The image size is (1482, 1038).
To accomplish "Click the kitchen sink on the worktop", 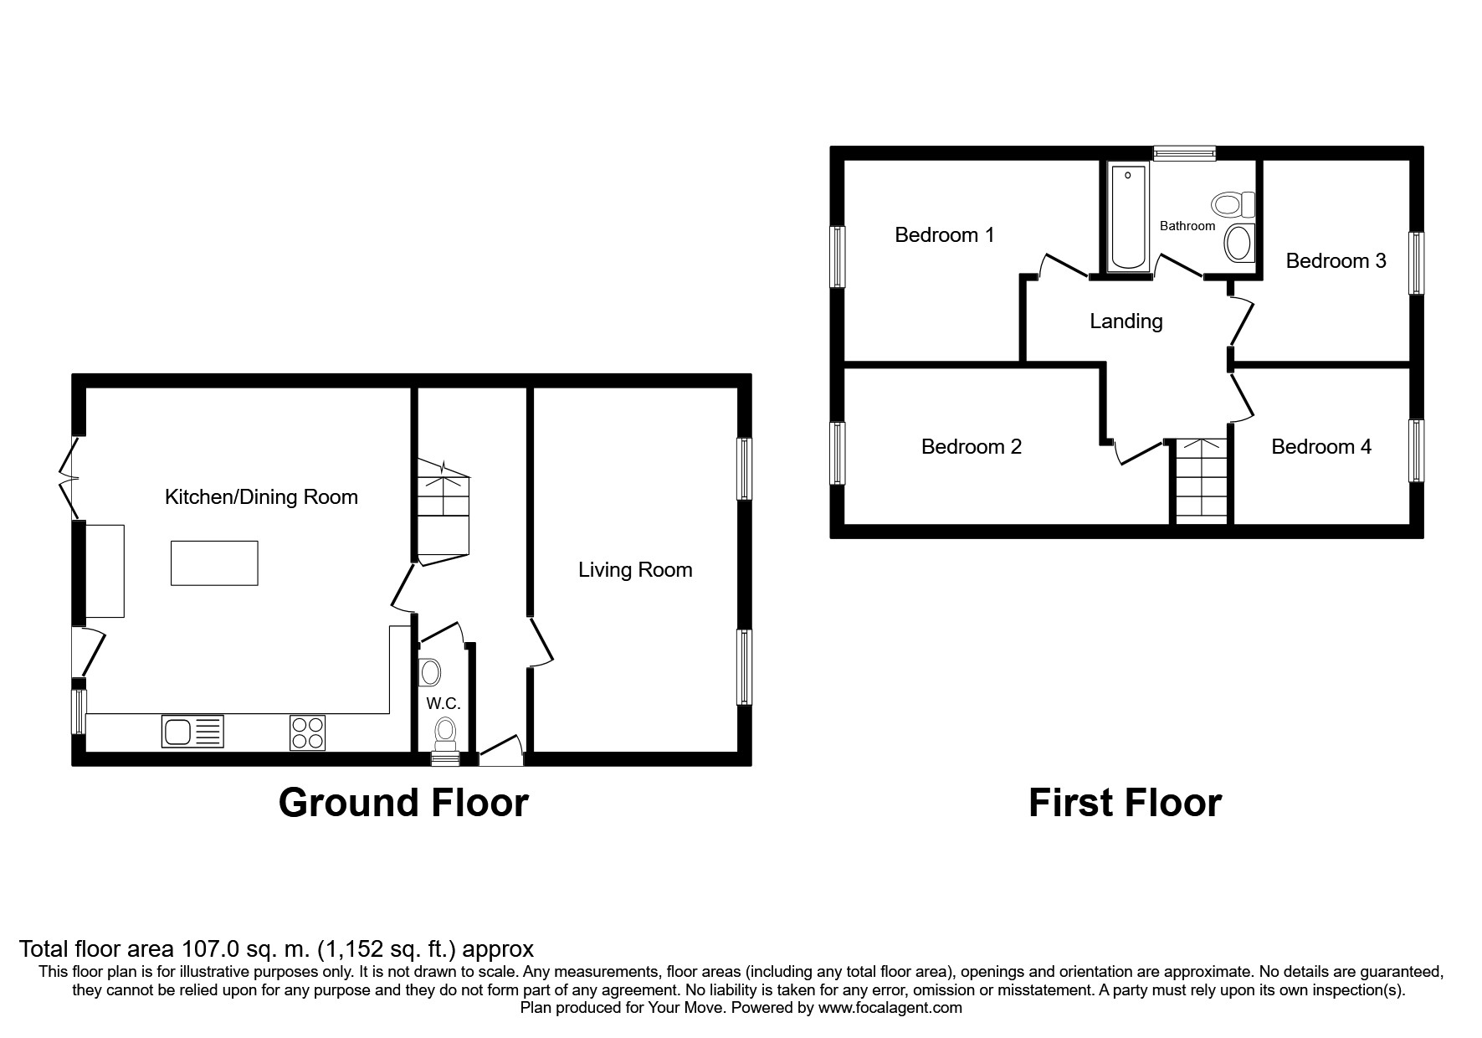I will point(192,731).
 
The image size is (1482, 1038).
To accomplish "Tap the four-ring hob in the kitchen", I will point(307,732).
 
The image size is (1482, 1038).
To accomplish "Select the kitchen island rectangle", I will point(214,563).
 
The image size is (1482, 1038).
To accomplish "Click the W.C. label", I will point(443,704).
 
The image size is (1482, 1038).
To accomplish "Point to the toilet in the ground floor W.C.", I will point(444,732).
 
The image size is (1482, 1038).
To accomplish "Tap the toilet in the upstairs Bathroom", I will point(1233,204).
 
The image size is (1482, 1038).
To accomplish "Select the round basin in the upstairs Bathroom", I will point(1238,244).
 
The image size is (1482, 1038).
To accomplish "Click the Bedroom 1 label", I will point(944,235).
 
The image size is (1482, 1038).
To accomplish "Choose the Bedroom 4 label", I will point(1320,447).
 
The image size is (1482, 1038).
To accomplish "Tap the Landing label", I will point(1126,321).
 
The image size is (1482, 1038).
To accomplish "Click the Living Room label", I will point(635,570).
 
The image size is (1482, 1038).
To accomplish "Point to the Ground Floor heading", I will point(403,802).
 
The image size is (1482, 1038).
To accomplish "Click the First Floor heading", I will point(1125,802).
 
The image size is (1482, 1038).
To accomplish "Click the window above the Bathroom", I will point(1183,152).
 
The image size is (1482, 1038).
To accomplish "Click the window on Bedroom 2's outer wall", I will point(837,453).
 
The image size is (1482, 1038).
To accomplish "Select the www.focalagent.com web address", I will point(890,1008).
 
